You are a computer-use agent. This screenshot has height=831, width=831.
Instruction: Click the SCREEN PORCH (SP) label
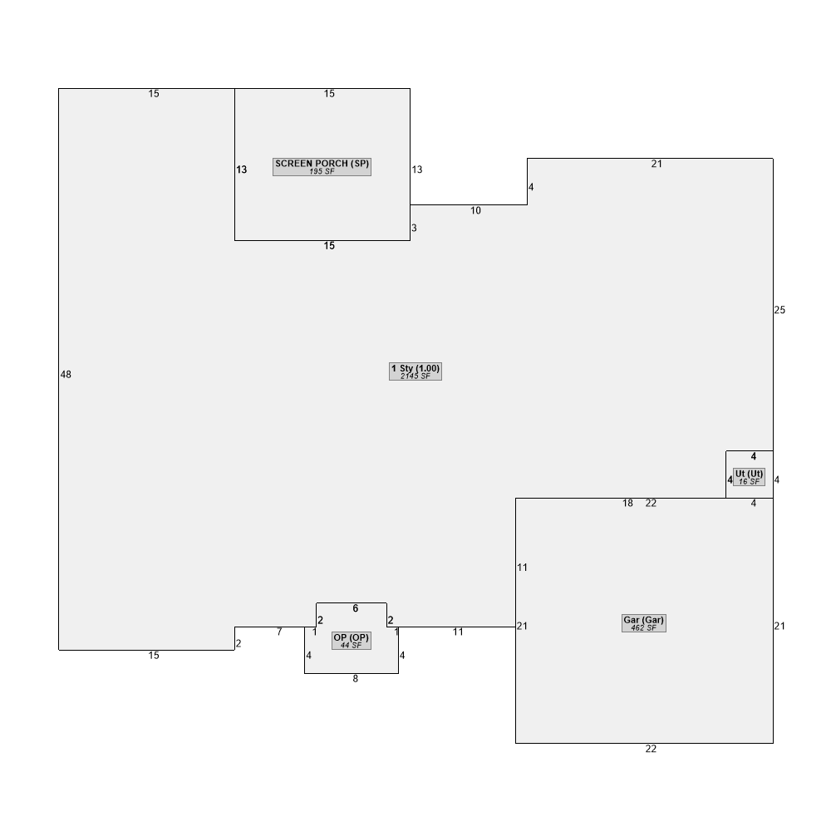pos(322,164)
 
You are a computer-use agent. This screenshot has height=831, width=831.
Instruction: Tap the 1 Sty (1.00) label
pos(415,368)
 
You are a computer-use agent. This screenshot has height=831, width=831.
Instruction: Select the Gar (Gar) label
pos(643,620)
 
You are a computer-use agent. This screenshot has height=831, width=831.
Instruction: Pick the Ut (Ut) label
pos(749,474)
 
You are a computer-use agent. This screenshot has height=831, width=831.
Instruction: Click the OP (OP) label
pos(351,637)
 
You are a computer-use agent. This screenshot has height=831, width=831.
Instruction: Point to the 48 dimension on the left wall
pos(66,375)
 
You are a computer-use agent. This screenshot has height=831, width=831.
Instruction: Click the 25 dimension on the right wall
pos(779,310)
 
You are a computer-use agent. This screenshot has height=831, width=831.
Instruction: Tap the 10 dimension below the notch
pos(475,211)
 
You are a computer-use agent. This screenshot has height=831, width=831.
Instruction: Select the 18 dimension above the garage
pos(627,504)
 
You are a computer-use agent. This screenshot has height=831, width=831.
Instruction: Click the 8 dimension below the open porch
pos(355,679)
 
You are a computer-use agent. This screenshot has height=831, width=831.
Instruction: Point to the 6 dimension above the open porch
pos(355,608)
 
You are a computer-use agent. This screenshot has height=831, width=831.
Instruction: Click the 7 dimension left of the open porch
pos(279,632)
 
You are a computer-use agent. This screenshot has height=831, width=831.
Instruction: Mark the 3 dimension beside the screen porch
pos(414,228)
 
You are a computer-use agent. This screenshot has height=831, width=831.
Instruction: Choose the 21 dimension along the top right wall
pos(656,165)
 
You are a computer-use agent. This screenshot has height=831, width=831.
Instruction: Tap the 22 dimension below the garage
pos(651,749)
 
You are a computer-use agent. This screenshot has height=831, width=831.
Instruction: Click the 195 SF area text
pos(322,172)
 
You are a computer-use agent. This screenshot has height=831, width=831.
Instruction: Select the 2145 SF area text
pos(415,376)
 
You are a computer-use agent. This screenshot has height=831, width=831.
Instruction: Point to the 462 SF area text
pos(643,628)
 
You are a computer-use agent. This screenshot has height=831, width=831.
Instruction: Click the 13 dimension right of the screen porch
pos(417,170)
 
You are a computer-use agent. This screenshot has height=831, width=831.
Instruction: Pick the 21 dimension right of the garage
pos(779,626)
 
